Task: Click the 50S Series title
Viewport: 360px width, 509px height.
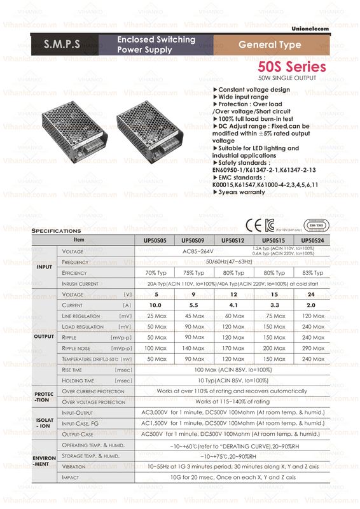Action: click(292, 67)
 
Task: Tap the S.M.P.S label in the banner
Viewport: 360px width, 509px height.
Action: click(62, 45)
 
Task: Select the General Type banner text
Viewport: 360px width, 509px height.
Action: click(270, 45)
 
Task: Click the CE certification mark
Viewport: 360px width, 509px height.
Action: click(251, 225)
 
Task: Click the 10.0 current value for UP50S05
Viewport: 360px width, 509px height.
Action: click(155, 305)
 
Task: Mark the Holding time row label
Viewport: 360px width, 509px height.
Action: click(79, 380)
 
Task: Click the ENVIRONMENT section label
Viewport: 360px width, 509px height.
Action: click(44, 461)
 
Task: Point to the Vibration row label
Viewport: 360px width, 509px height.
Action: click(74, 466)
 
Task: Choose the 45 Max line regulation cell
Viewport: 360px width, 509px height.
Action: click(194, 316)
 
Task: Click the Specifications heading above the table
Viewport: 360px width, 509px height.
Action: click(56, 230)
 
